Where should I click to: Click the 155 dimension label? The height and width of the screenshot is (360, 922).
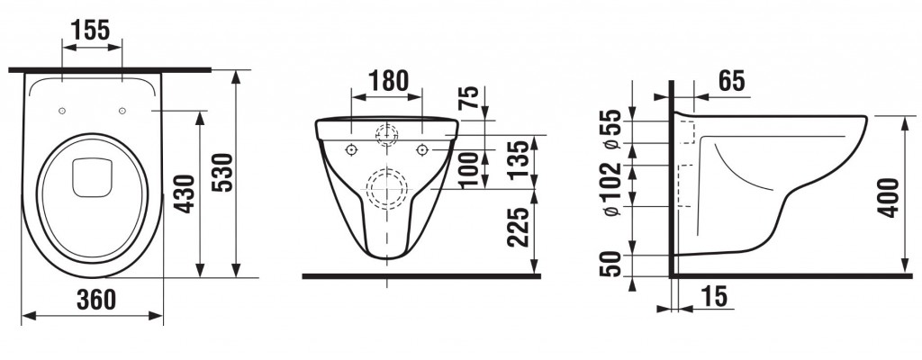(x=90, y=30)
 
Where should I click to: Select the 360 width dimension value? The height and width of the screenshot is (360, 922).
(x=96, y=300)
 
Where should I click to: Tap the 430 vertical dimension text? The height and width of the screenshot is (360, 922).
(x=185, y=193)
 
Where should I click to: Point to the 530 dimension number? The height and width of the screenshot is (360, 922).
(x=223, y=172)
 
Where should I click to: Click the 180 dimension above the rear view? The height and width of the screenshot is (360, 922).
(x=387, y=81)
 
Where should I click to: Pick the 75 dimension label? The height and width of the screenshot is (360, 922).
(x=468, y=99)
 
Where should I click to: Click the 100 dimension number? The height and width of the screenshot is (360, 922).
(x=470, y=170)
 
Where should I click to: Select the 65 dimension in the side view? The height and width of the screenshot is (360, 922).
(x=731, y=81)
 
